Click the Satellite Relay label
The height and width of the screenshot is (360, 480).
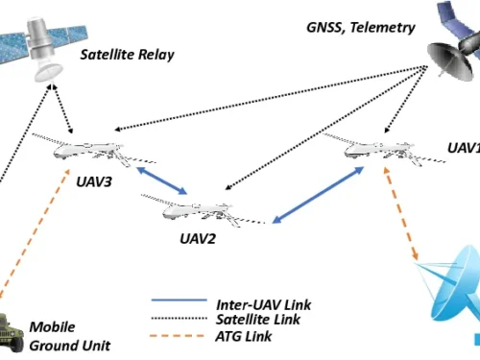129,55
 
